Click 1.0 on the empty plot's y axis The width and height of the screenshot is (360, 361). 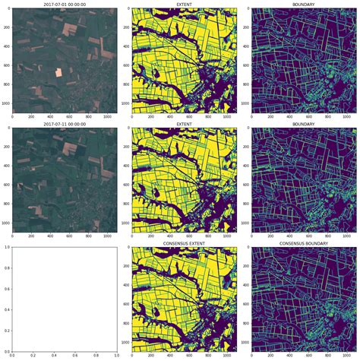pos(6,247)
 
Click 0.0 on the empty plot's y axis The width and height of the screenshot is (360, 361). pos(6,351)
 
